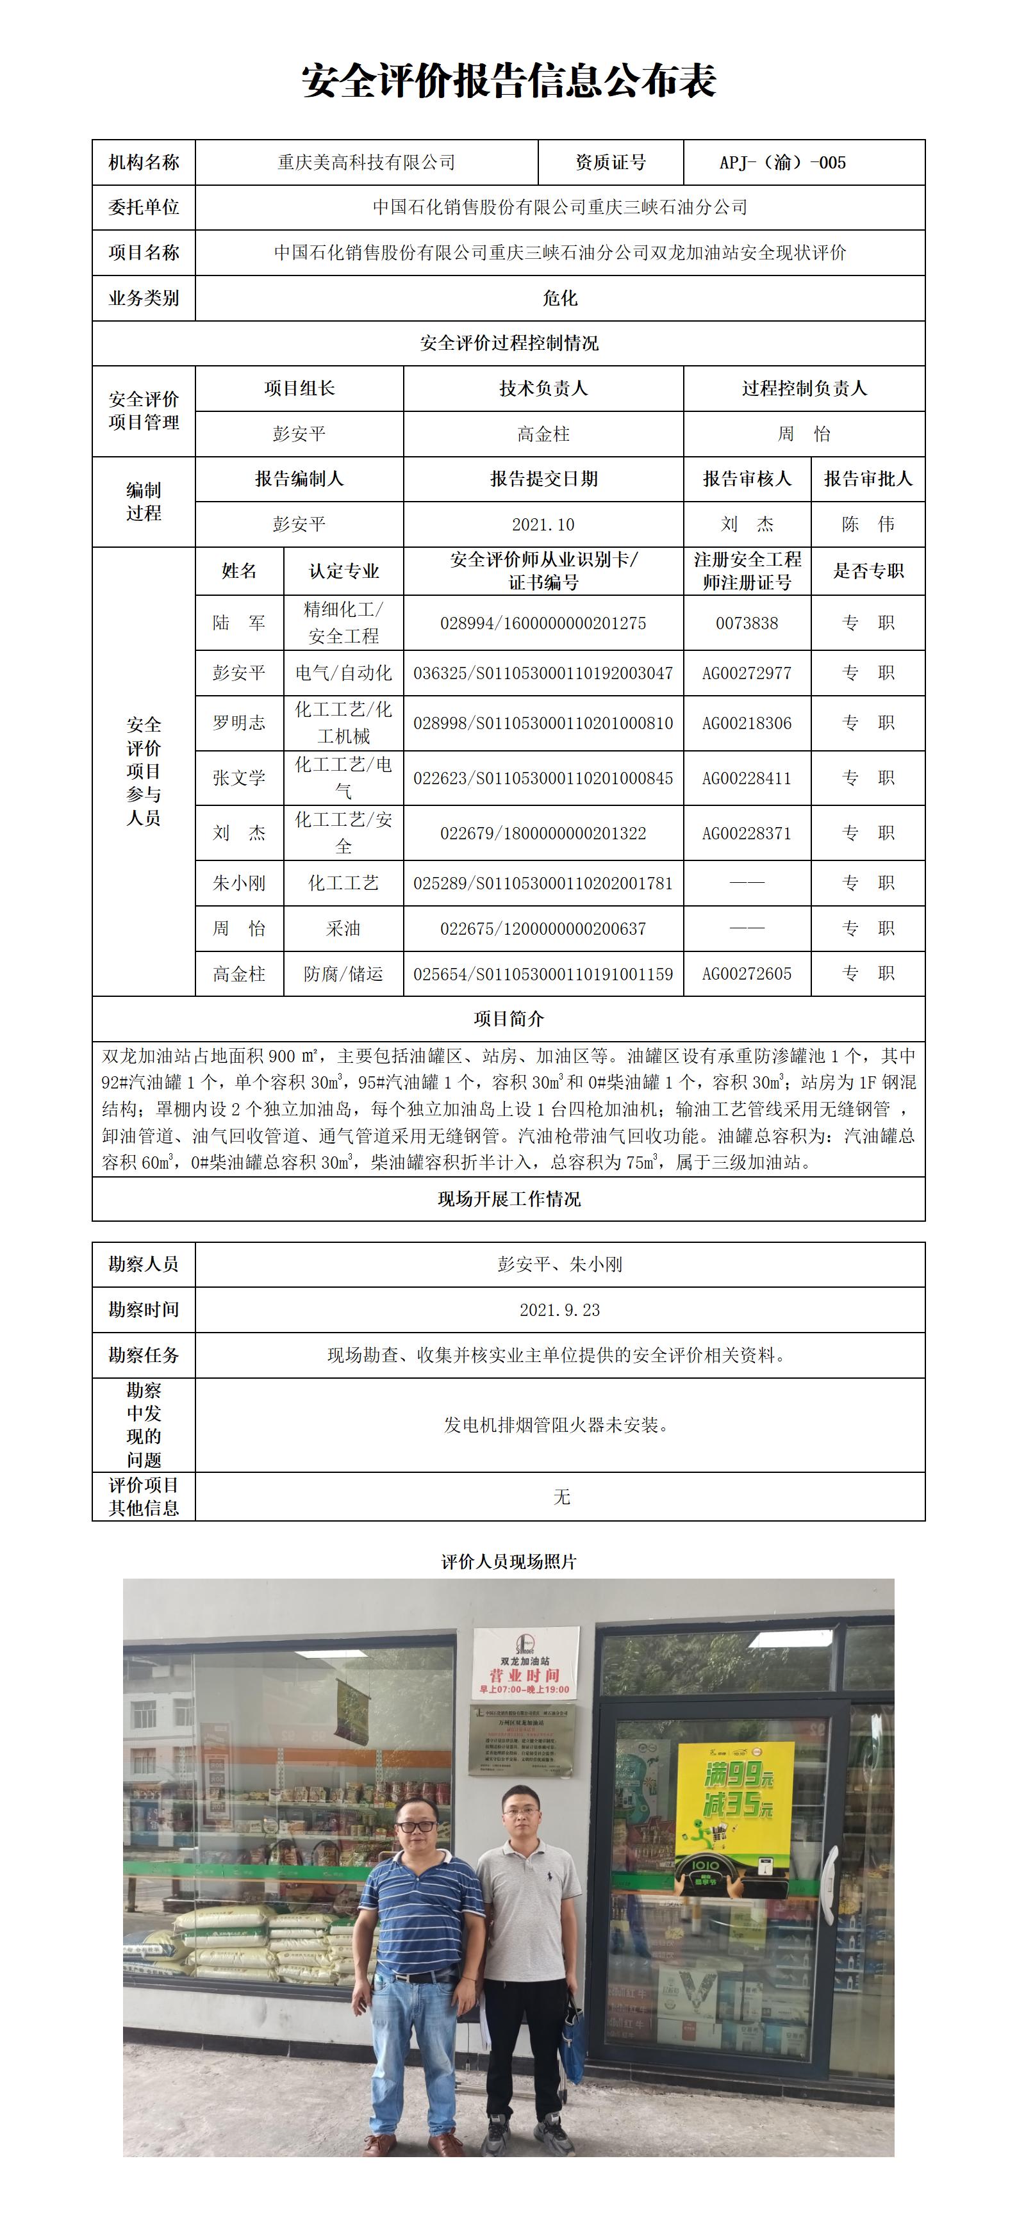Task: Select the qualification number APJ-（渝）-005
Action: click(782, 163)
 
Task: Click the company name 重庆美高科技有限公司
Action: click(366, 163)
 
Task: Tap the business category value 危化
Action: click(559, 298)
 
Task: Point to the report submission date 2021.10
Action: click(543, 524)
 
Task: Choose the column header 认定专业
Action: click(343, 571)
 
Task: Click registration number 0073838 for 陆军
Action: click(747, 623)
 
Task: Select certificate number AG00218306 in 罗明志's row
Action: click(747, 723)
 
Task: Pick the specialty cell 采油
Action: click(343, 928)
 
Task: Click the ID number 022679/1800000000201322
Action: click(543, 834)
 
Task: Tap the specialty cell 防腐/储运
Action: click(343, 974)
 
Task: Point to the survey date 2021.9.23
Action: click(559, 1310)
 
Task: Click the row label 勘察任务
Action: click(144, 1355)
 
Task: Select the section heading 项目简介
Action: click(508, 1019)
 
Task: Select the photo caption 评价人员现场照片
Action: click(508, 1562)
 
